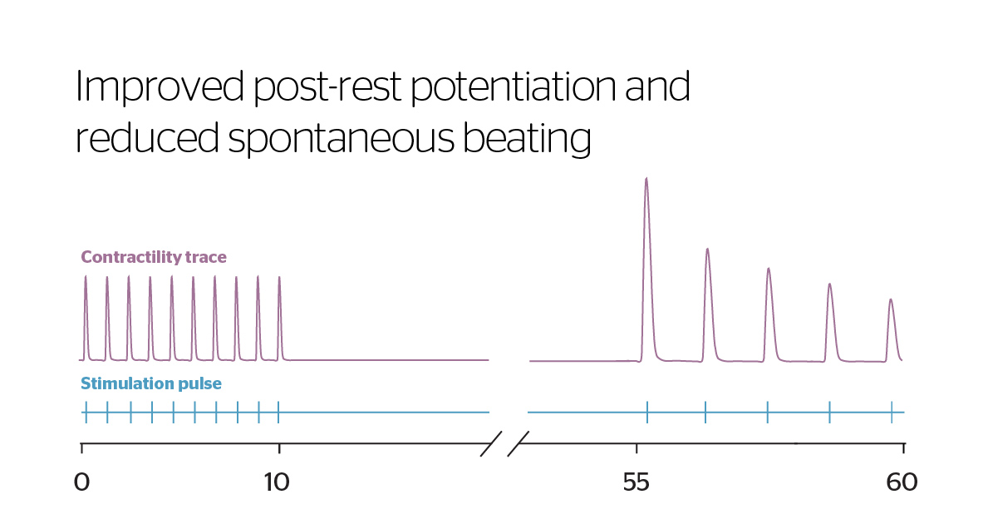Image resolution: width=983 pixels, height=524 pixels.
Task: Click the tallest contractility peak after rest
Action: pos(646,180)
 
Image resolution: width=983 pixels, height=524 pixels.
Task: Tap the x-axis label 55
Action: pos(636,482)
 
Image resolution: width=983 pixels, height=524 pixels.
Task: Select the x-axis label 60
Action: pos(902,482)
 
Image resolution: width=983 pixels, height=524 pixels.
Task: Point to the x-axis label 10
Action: pos(277,482)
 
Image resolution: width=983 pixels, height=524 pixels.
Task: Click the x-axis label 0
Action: pos(81,482)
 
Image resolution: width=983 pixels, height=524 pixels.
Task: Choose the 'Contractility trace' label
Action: pos(154,257)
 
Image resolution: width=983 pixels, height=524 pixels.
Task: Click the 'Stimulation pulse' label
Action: pos(150,383)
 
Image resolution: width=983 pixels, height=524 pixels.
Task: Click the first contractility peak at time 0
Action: pos(86,279)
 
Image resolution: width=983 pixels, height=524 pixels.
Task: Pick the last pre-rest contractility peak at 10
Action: pos(279,279)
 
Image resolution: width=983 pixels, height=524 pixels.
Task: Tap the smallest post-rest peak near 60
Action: pos(891,301)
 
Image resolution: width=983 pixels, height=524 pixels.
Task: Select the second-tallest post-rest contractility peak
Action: pos(707,250)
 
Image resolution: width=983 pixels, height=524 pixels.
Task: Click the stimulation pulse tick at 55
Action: pos(647,412)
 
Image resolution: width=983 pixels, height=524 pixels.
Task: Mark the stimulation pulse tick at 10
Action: pos(278,412)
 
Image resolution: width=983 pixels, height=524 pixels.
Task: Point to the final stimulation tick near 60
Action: pos(892,412)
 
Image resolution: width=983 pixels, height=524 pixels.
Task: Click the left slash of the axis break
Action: pos(490,444)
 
